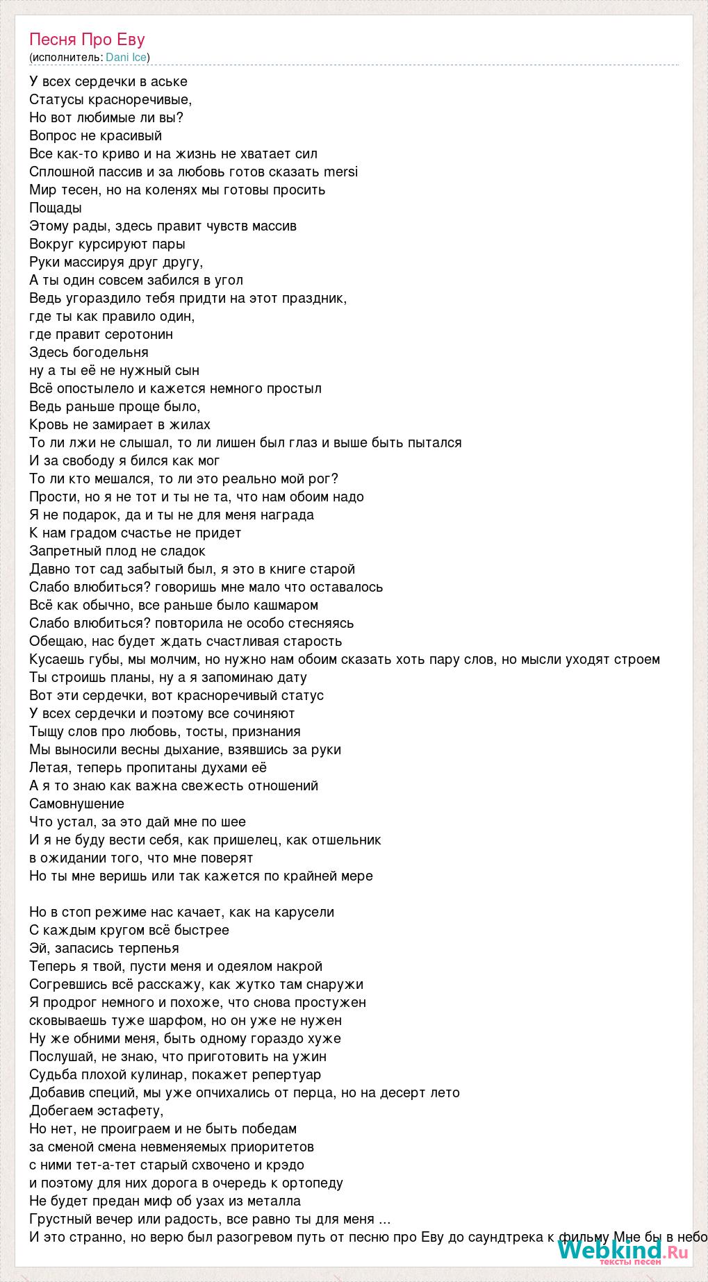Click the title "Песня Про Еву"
click(x=87, y=40)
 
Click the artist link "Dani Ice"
click(x=126, y=58)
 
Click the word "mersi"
click(x=340, y=172)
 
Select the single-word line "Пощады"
click(x=56, y=208)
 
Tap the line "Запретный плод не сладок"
click(x=117, y=551)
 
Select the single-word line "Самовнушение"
click(x=76, y=804)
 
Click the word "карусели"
click(x=304, y=913)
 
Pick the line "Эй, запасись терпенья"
click(x=104, y=949)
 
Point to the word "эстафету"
click(x=127, y=1111)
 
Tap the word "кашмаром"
click(x=285, y=606)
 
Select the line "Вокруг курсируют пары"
click(x=107, y=244)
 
